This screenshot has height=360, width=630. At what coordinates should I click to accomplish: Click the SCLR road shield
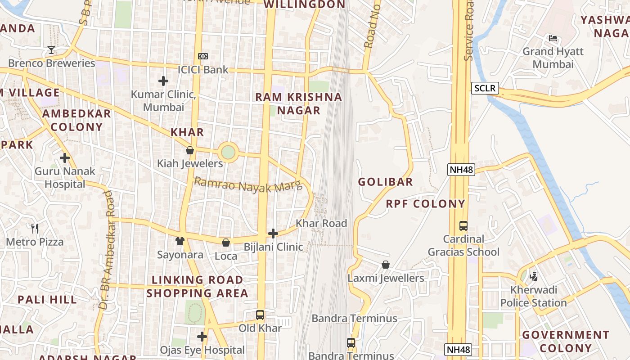485,88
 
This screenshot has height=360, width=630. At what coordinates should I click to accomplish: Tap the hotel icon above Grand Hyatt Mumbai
553,38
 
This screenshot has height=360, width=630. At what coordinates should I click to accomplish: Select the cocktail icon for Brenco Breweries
51,49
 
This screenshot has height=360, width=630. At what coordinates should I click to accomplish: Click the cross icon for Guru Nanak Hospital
65,158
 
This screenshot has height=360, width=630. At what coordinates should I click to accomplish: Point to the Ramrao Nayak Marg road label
248,185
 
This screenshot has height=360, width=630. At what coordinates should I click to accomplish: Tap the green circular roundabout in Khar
228,152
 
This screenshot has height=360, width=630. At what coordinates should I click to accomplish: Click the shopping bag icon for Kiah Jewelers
190,150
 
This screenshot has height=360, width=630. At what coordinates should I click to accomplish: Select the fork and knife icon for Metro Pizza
35,229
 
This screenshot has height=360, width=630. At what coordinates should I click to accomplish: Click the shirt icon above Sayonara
180,241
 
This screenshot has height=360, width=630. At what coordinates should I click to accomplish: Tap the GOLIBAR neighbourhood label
385,182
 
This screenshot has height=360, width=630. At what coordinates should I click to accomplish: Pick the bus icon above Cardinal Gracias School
463,226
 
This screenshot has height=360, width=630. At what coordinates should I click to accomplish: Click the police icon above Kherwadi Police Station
534,276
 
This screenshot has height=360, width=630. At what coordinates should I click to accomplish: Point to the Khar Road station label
321,223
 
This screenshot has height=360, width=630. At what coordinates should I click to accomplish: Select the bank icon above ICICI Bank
203,56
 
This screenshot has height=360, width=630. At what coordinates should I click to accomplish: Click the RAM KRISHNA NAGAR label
299,103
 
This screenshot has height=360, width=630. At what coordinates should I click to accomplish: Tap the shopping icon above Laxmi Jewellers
386,265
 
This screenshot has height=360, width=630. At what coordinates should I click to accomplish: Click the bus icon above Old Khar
260,315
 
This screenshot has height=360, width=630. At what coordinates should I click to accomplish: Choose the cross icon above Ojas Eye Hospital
202,336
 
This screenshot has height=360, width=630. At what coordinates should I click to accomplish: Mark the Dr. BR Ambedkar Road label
105,250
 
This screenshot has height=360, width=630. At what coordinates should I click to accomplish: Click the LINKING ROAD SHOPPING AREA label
197,286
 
